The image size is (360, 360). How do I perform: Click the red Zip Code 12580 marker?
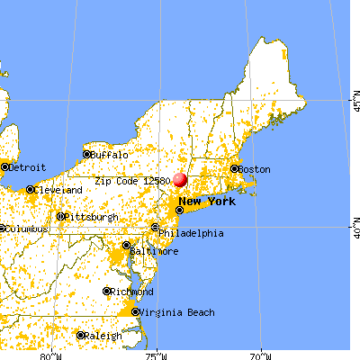180,180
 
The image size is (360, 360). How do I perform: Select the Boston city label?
255,168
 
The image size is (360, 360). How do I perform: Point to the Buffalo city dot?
86,155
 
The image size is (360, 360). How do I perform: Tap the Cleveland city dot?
30,189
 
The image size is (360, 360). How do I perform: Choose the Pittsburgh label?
93,217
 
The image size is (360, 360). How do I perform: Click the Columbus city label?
19,229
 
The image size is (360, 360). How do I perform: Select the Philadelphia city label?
193,233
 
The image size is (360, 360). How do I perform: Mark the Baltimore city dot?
126,245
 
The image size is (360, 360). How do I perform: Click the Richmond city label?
130,291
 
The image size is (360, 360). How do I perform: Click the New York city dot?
179,210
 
